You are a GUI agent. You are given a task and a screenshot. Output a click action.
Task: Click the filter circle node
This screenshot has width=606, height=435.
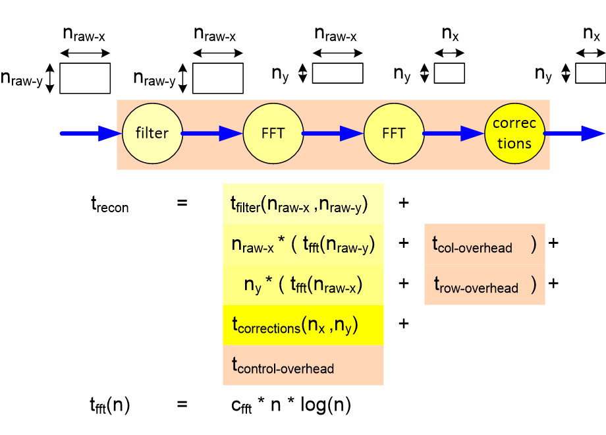coord(152,133)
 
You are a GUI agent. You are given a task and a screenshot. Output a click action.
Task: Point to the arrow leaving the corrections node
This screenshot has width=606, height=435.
coord(573,133)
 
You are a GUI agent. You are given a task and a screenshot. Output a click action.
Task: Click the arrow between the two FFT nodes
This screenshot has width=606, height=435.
coord(333,133)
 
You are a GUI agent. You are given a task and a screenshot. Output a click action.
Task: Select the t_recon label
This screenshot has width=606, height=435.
coord(109,204)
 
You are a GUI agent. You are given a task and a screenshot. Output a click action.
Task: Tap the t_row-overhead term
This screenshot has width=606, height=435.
coord(476,285)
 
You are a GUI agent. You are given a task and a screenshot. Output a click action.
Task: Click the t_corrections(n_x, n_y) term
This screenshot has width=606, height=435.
coord(294,325)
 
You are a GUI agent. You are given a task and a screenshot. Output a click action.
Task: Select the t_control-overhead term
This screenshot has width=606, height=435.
coord(283,366)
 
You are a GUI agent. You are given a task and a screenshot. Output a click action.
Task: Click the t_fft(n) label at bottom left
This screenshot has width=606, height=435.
coord(110,405)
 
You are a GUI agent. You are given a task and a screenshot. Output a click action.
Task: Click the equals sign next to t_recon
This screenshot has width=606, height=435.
coord(182,204)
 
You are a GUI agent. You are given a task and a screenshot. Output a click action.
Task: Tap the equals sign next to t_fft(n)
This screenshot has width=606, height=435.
coord(182,404)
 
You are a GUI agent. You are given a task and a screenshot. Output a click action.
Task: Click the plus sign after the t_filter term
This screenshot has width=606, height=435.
coord(403,204)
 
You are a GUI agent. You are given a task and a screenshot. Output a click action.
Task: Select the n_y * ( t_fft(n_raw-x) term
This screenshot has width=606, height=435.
coord(304,285)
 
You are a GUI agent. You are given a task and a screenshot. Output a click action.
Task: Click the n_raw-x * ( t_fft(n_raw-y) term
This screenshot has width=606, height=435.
coord(302,245)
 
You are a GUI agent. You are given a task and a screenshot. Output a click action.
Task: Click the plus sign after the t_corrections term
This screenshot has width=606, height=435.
coord(403,324)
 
